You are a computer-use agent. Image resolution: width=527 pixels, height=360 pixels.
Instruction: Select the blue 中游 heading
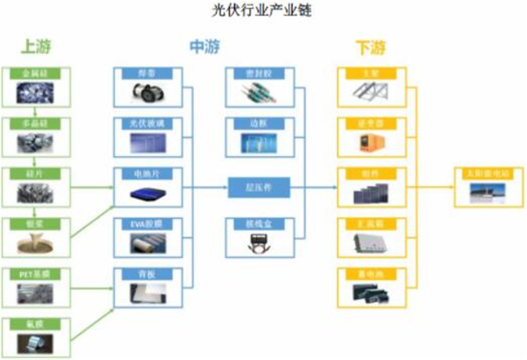[204, 46]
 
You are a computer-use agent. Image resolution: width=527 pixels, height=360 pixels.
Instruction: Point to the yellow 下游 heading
[370, 46]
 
